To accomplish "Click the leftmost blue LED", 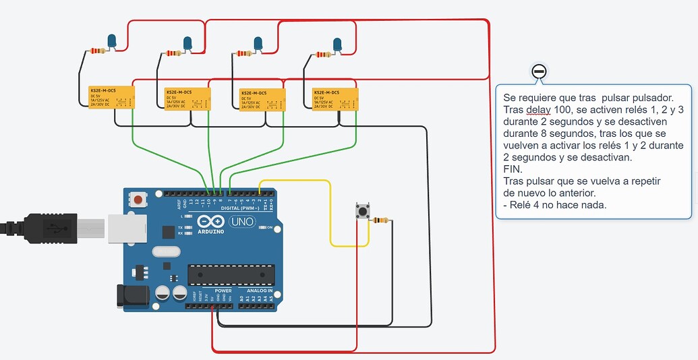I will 112,41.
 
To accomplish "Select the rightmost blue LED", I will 337,45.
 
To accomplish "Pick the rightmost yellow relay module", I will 335,98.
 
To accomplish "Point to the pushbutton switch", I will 362,212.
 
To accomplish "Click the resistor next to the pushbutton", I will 382,220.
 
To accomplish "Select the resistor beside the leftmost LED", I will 98,50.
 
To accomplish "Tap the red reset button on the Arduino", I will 139,200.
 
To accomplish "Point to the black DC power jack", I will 131,297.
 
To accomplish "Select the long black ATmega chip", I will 231,274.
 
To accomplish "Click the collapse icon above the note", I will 538,71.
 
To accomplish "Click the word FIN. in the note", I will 513,169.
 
